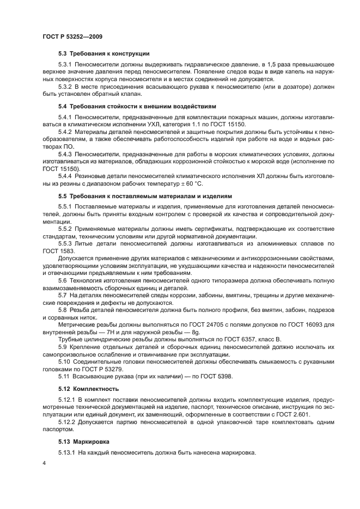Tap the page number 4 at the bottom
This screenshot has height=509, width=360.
pos(44,463)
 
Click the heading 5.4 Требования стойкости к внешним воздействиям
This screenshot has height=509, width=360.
pos(137,106)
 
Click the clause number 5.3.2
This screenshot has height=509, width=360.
pos(66,87)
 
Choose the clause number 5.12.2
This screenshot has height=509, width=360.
pos(68,422)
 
